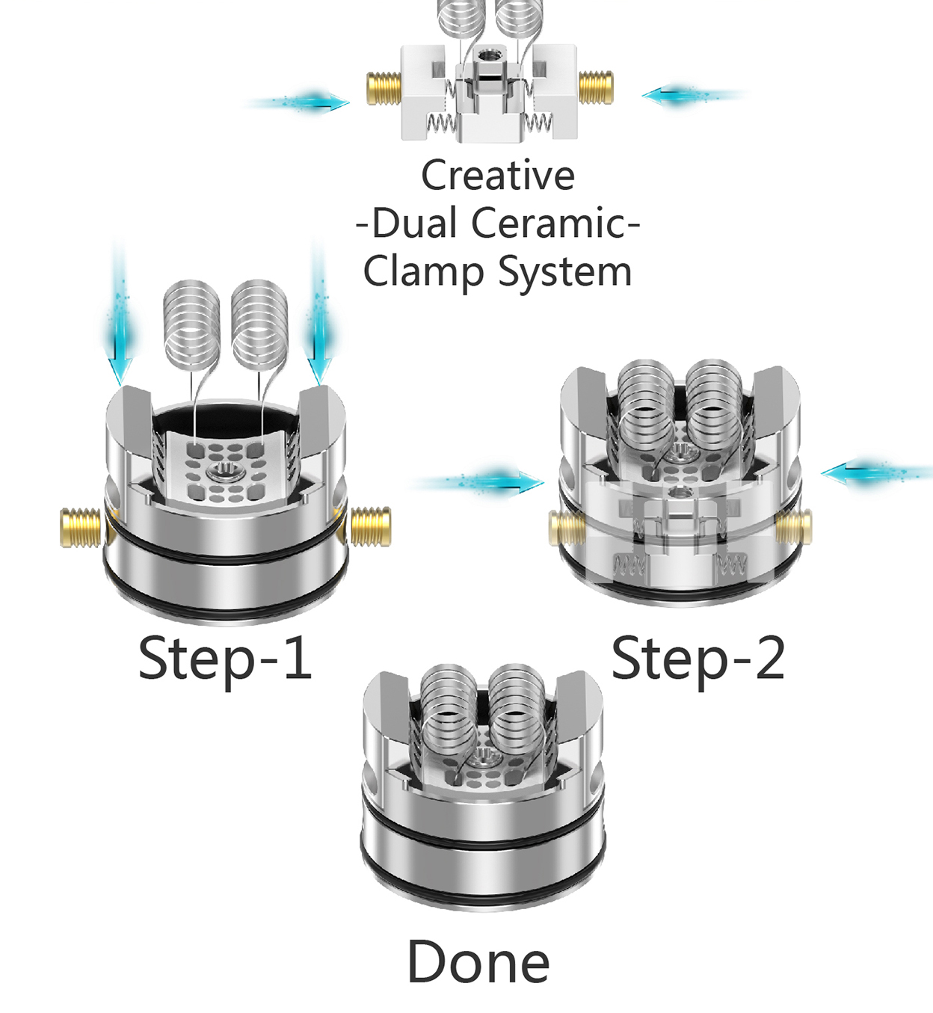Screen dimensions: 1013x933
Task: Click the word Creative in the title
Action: pos(498,176)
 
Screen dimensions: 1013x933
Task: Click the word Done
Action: pos(478,962)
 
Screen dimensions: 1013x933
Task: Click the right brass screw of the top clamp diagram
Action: pos(596,87)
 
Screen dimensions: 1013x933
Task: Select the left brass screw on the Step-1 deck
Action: pos(81,527)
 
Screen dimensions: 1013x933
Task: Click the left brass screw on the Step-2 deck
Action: pos(567,529)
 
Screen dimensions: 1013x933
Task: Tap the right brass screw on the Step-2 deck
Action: pos(795,526)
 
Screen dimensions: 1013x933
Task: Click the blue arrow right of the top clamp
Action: pos(688,96)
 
